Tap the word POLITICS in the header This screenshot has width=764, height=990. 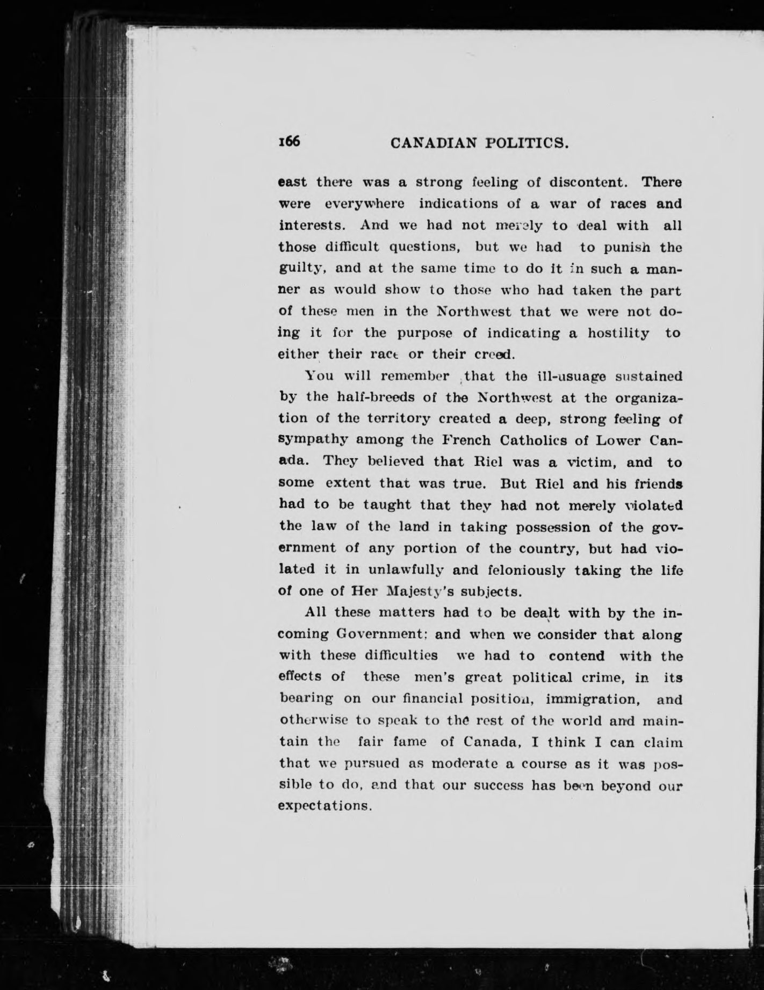[524, 143]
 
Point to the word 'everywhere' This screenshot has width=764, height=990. [364, 204]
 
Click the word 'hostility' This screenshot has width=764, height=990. [618, 333]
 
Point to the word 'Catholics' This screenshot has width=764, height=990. [538, 440]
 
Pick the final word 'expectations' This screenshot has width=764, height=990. [326, 806]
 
